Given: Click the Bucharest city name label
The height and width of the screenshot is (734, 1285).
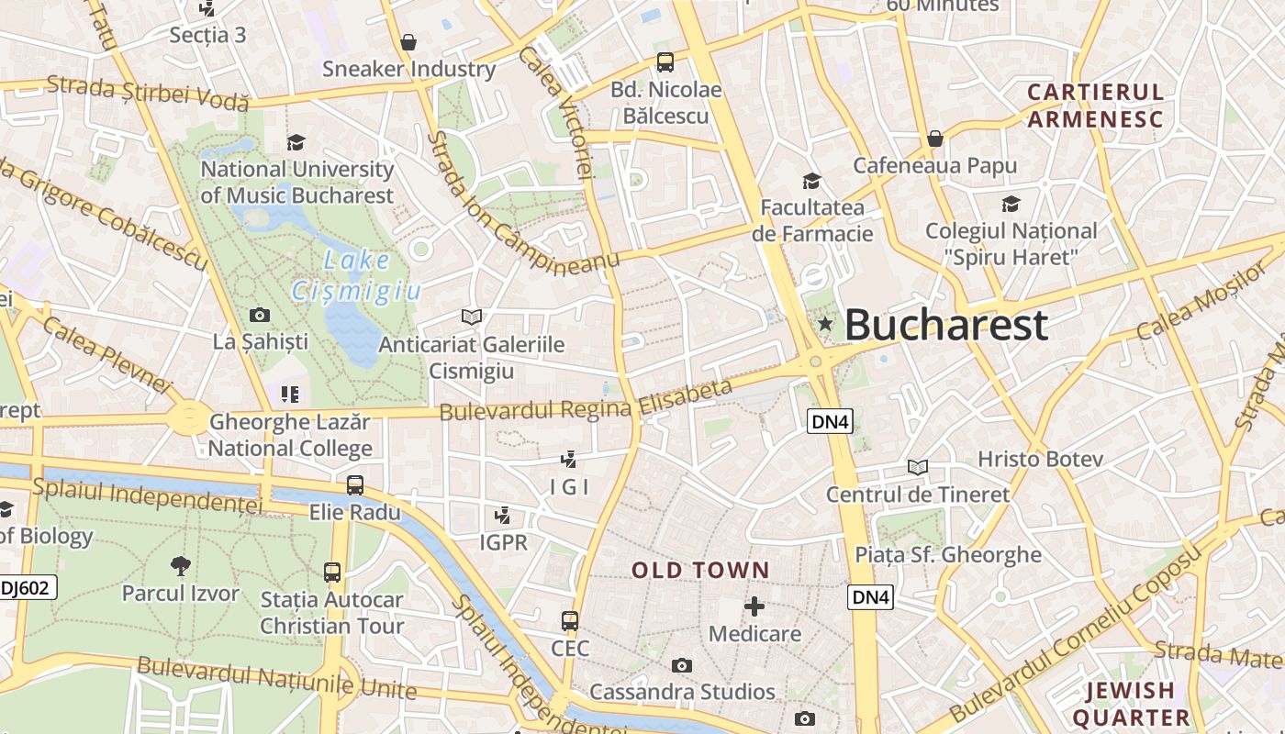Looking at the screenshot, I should [x=945, y=325].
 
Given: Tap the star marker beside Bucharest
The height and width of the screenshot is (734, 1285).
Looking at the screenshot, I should [x=825, y=323].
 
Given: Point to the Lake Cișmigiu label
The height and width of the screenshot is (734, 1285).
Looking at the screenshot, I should [x=356, y=275].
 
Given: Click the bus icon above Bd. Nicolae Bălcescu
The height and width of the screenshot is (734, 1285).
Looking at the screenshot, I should [x=665, y=62].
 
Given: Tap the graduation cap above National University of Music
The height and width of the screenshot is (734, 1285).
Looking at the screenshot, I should [x=296, y=142].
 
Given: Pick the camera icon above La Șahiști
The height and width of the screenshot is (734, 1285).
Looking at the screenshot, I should [x=260, y=315].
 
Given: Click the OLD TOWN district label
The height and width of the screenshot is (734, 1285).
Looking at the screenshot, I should [x=700, y=570].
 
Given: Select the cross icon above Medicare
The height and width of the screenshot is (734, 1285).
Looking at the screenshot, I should [x=754, y=606].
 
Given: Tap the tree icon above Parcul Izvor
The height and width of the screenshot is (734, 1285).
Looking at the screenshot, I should [x=181, y=565].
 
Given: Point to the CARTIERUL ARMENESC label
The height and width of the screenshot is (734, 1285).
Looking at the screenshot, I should [x=1095, y=106].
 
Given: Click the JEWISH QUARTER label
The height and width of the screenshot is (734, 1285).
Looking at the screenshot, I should [x=1130, y=704].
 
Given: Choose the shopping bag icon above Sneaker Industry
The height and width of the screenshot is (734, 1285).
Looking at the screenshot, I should [x=408, y=42].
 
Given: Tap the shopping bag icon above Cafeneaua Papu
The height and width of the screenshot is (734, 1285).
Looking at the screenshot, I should [x=934, y=139].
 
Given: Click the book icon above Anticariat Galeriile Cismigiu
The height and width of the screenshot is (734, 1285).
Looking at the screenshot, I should [x=472, y=317].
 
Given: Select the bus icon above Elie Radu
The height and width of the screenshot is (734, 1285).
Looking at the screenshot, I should [x=355, y=484].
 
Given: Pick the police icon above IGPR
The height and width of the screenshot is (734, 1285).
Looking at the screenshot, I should [x=503, y=515].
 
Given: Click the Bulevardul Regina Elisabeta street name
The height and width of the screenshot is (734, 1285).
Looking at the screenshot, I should [x=587, y=401].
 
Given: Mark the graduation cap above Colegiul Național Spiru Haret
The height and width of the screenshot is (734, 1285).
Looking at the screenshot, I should [x=1011, y=204].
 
